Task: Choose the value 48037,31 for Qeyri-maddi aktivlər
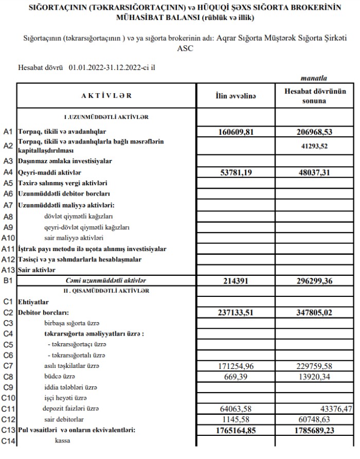[x=312, y=172]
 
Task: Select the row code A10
[x=8, y=238]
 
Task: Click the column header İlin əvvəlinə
[x=235, y=96]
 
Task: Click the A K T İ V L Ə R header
[x=106, y=96]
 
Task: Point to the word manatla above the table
[x=313, y=79]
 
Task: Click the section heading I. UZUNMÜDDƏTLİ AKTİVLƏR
[x=106, y=117]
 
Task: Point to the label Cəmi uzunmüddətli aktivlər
[x=106, y=281]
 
